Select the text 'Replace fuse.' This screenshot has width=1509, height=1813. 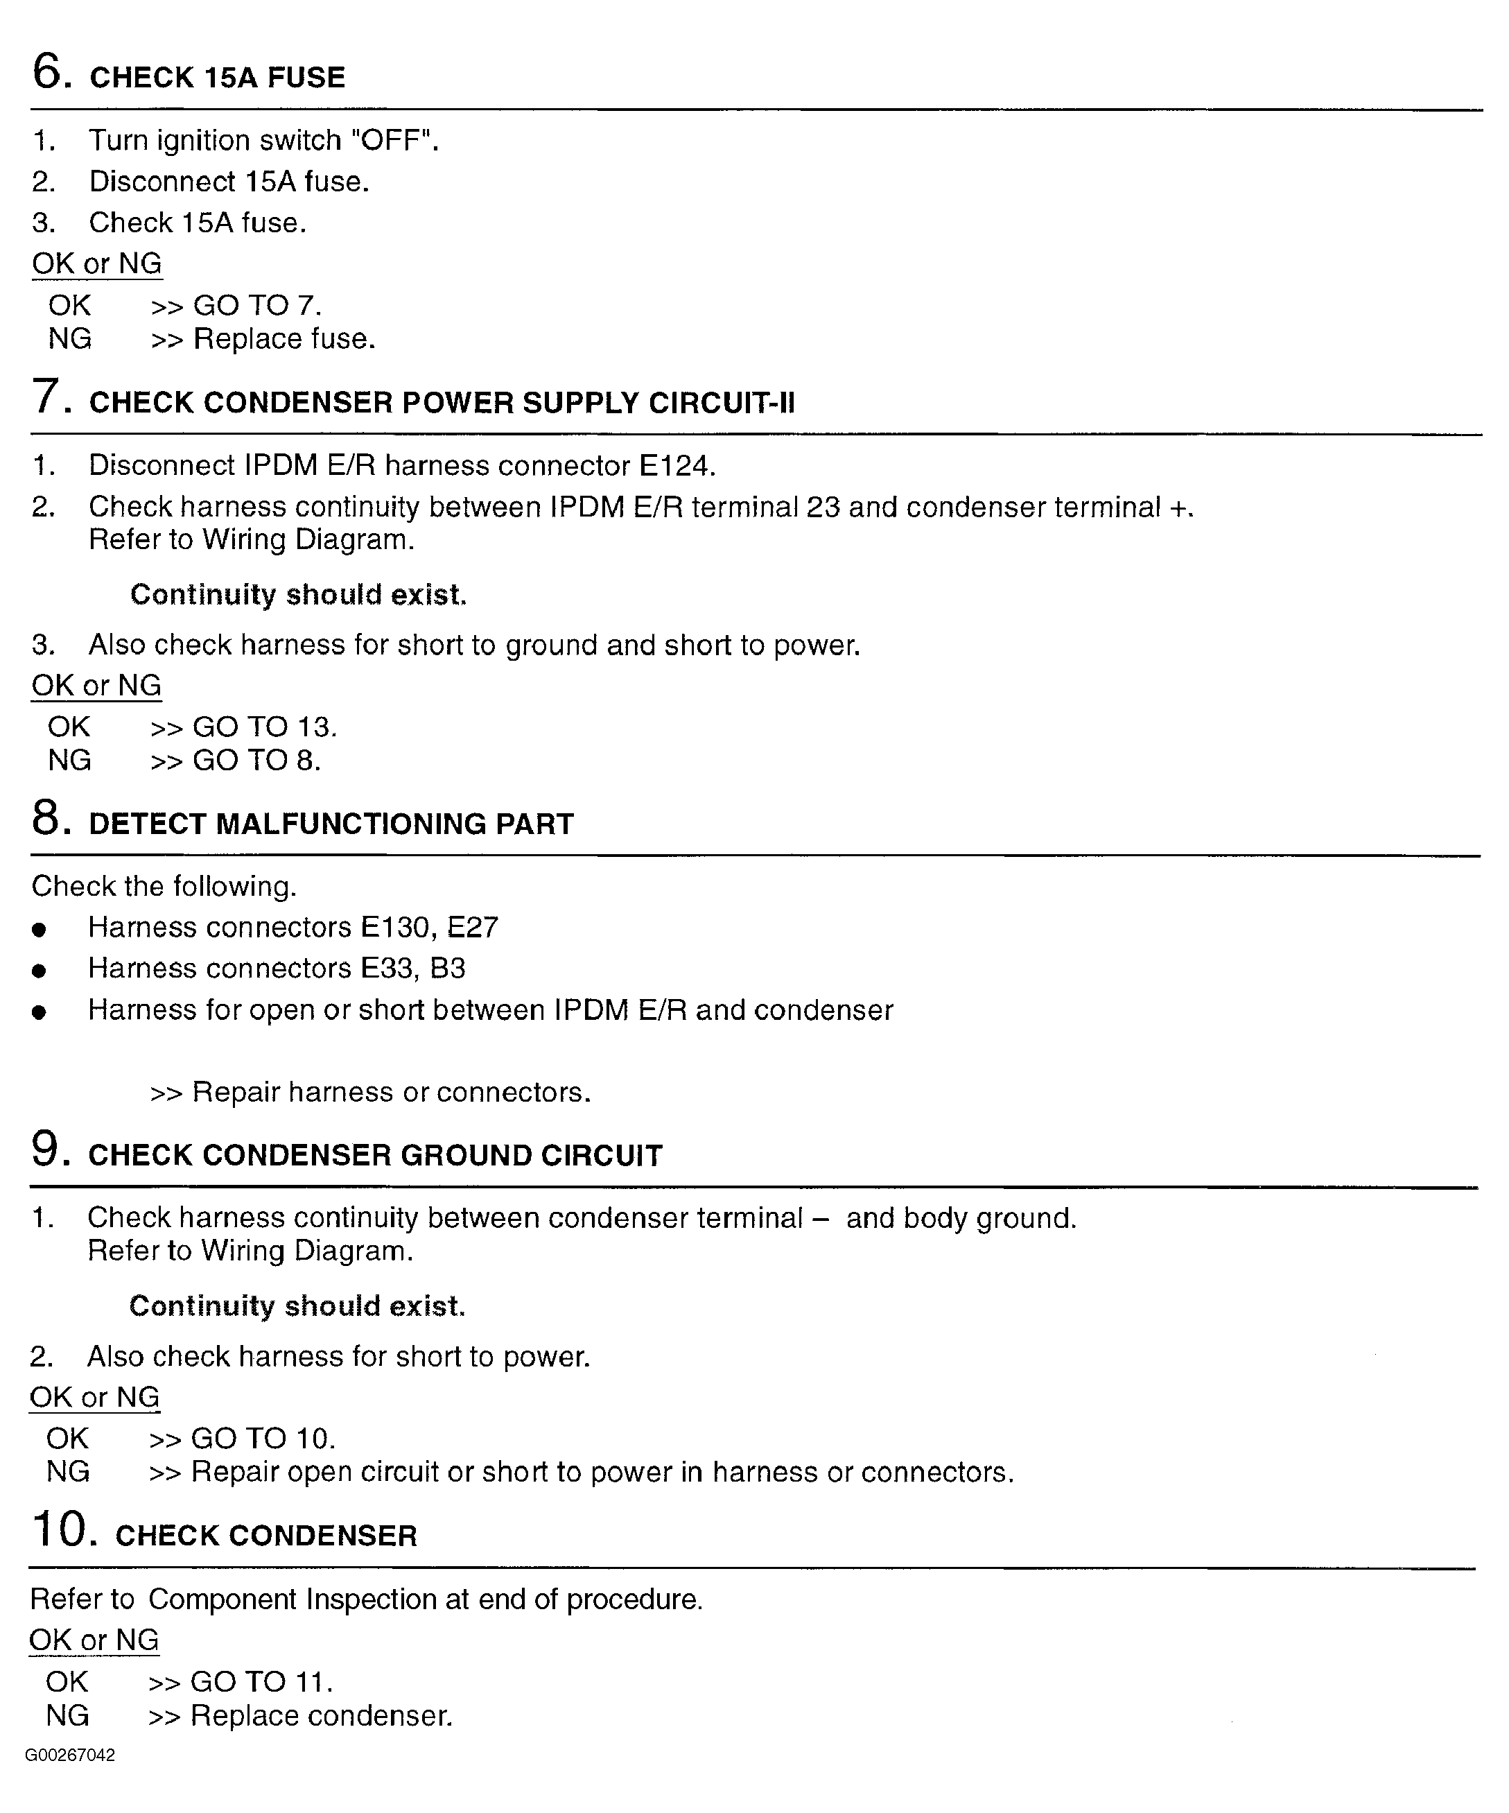pos(284,338)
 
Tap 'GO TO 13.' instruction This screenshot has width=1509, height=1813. pos(264,727)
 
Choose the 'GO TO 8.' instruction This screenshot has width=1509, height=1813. pos(256,761)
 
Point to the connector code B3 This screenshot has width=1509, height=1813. pos(447,969)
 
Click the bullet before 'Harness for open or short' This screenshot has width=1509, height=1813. pos(38,1012)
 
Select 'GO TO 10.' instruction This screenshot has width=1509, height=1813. pos(263,1439)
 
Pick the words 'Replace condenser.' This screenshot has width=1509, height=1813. pos(321,1715)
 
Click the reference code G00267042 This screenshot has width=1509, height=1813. pos(70,1755)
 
